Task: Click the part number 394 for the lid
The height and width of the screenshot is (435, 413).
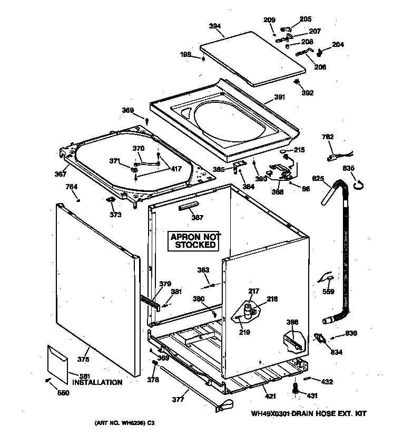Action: coord(214,26)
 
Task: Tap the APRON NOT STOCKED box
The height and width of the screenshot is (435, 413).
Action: coord(195,240)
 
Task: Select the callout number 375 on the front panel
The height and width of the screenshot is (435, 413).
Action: coord(83,360)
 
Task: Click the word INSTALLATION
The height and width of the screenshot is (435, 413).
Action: coord(97,382)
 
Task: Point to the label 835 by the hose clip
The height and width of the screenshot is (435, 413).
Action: coord(349,168)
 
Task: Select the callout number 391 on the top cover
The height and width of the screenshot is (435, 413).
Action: coord(280,97)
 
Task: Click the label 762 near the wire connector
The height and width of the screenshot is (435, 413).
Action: coord(327,137)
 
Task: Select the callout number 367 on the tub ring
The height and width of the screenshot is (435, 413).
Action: coord(61,174)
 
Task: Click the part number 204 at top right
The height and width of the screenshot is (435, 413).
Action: coord(338,45)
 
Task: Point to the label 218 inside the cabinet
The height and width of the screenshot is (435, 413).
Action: coord(272,299)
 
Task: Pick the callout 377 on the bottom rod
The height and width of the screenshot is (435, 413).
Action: coord(178,399)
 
